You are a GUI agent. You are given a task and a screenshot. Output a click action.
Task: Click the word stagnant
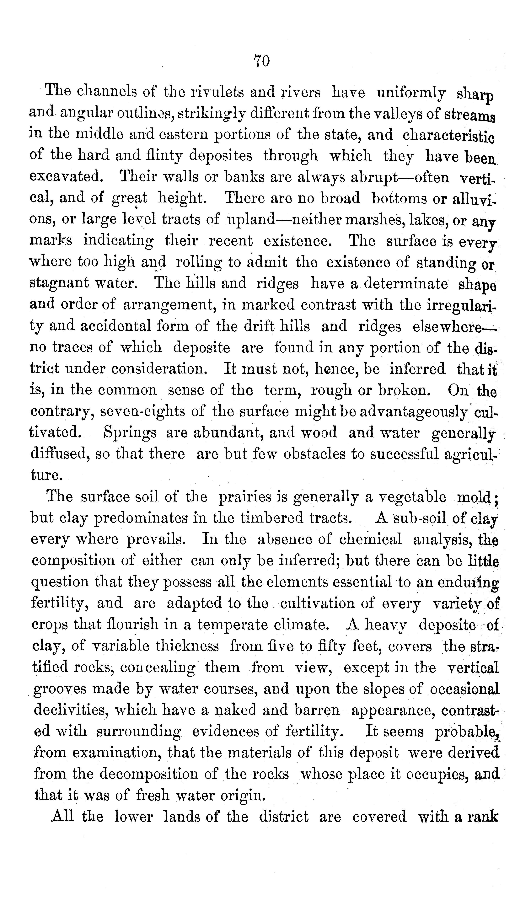[x=59, y=283]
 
